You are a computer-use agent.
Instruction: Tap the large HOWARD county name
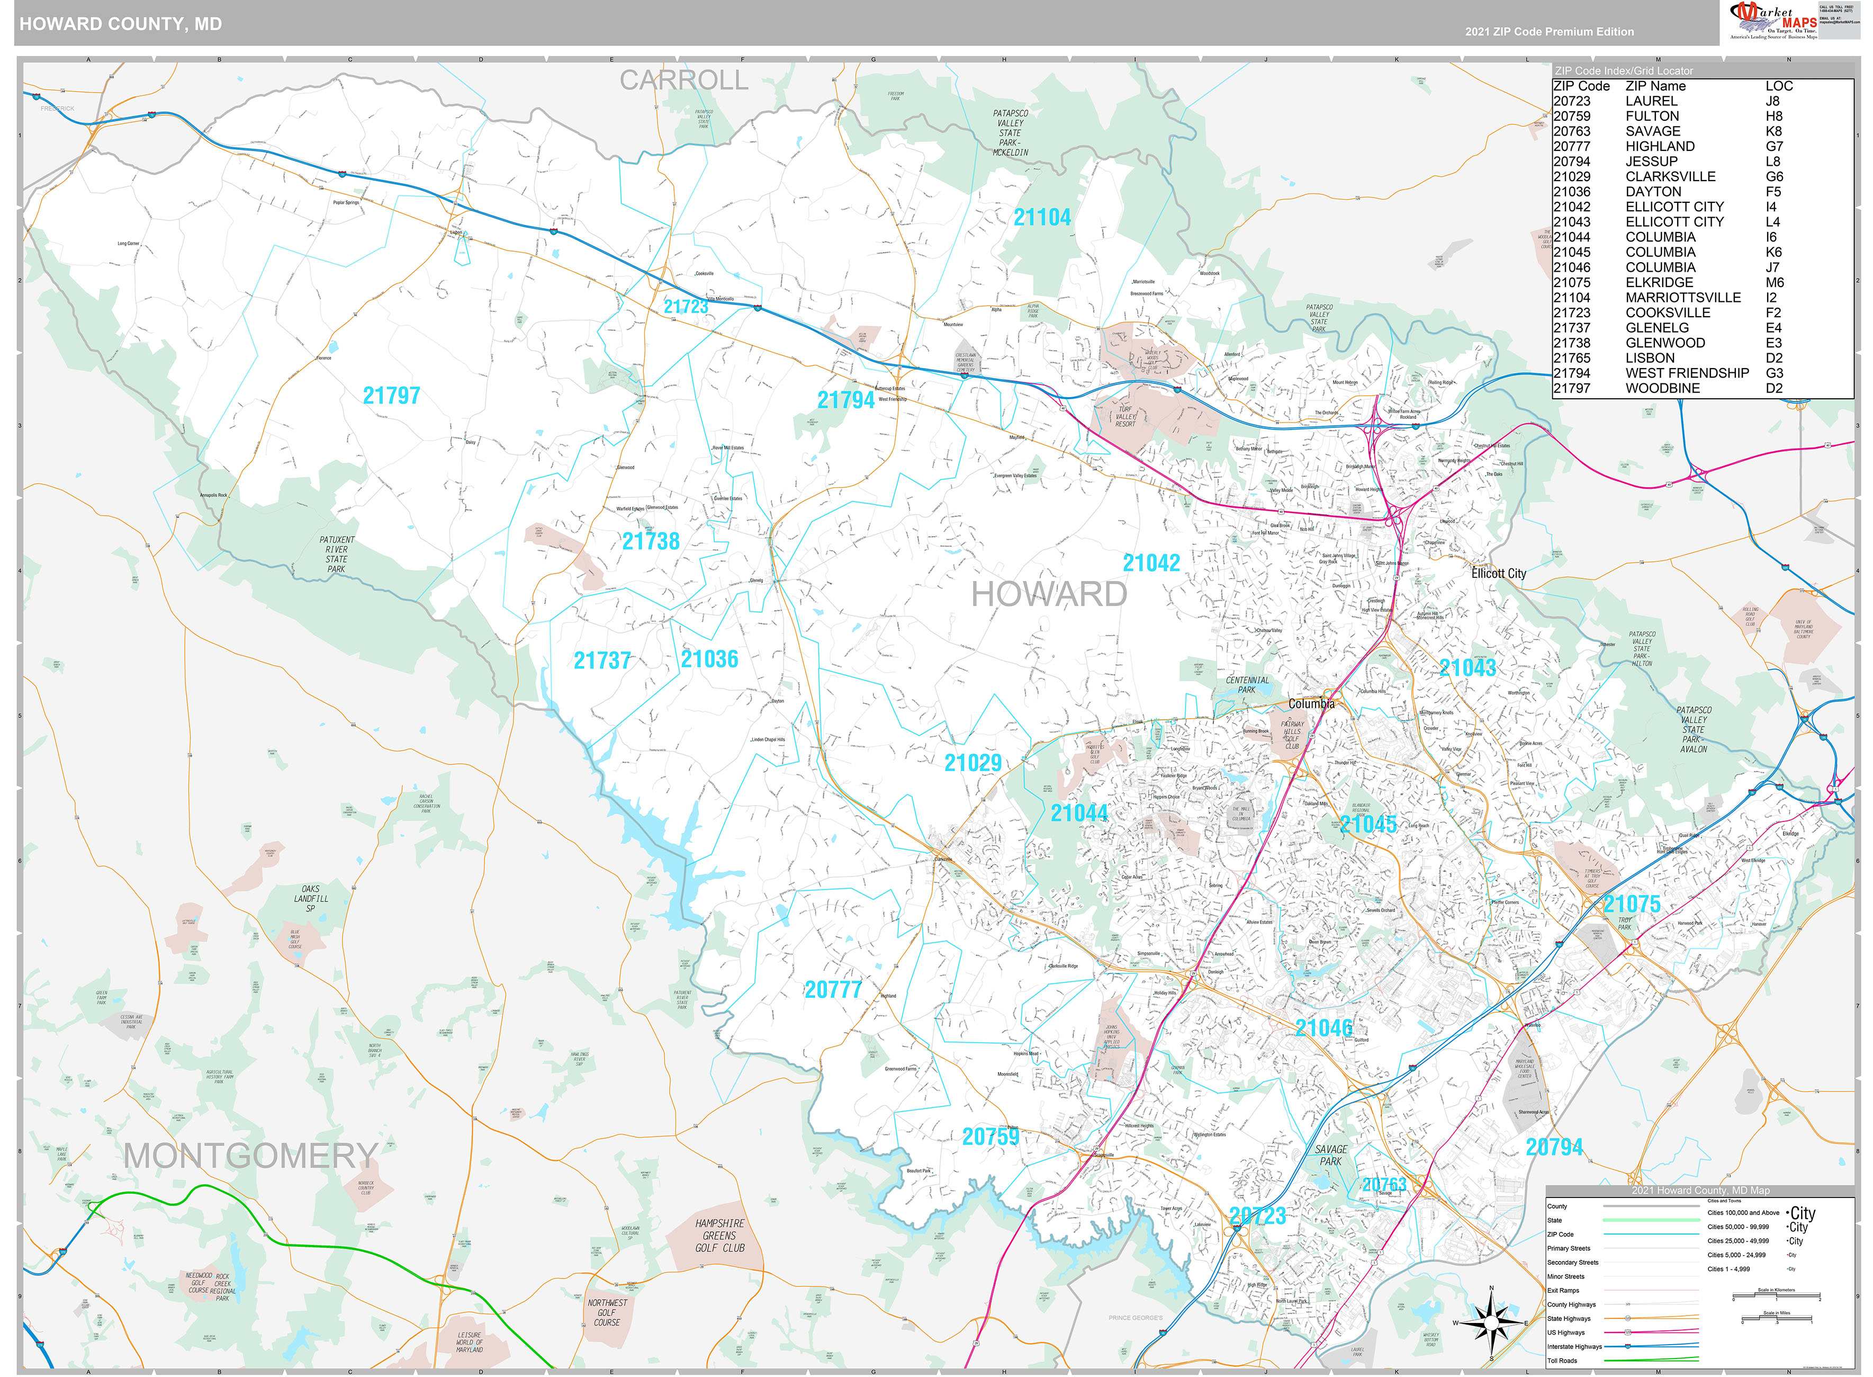(x=1048, y=594)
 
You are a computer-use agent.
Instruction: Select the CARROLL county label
(x=683, y=80)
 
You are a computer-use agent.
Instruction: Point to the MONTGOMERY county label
(x=251, y=1156)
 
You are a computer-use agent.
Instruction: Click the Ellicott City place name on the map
(x=1498, y=574)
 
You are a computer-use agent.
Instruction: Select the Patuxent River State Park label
(x=337, y=555)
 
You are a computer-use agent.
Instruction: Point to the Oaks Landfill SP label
(x=311, y=899)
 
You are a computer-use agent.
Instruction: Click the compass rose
(x=1491, y=1323)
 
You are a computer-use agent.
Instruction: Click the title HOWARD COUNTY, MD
(x=121, y=24)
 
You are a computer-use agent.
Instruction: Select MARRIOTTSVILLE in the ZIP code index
(x=1682, y=298)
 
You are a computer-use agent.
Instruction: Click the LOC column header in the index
(x=1778, y=86)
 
